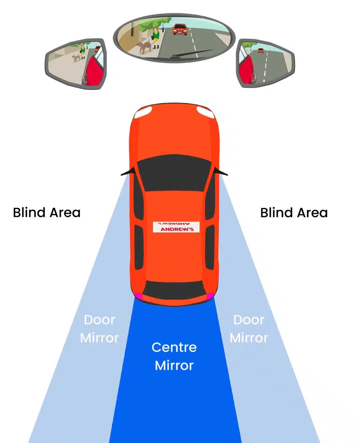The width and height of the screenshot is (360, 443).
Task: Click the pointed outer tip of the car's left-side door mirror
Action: coord(121,175)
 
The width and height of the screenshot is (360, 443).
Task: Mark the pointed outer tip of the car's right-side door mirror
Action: coord(228,175)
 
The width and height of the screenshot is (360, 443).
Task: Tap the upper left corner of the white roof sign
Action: coord(153,222)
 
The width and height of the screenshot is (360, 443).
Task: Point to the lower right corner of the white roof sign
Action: coord(200,233)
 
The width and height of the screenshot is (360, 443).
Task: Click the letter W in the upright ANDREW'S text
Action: coord(185,229)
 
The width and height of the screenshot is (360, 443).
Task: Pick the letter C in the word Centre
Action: coord(157,347)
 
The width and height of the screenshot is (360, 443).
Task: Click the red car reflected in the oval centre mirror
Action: coord(180,29)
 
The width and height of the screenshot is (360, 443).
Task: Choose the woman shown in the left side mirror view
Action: coord(83,52)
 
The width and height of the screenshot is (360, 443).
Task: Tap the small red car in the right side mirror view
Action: coord(261,50)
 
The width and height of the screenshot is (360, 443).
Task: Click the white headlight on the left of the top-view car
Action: coord(143,112)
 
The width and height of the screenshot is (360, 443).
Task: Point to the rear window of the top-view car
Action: coord(174,290)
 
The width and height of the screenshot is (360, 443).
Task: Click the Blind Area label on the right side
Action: coord(294,213)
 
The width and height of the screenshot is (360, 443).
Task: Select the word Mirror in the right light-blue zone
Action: coord(249,338)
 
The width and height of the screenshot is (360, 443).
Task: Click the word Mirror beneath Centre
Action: coord(174,365)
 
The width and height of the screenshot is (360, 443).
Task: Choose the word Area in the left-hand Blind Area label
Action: coord(65,213)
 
